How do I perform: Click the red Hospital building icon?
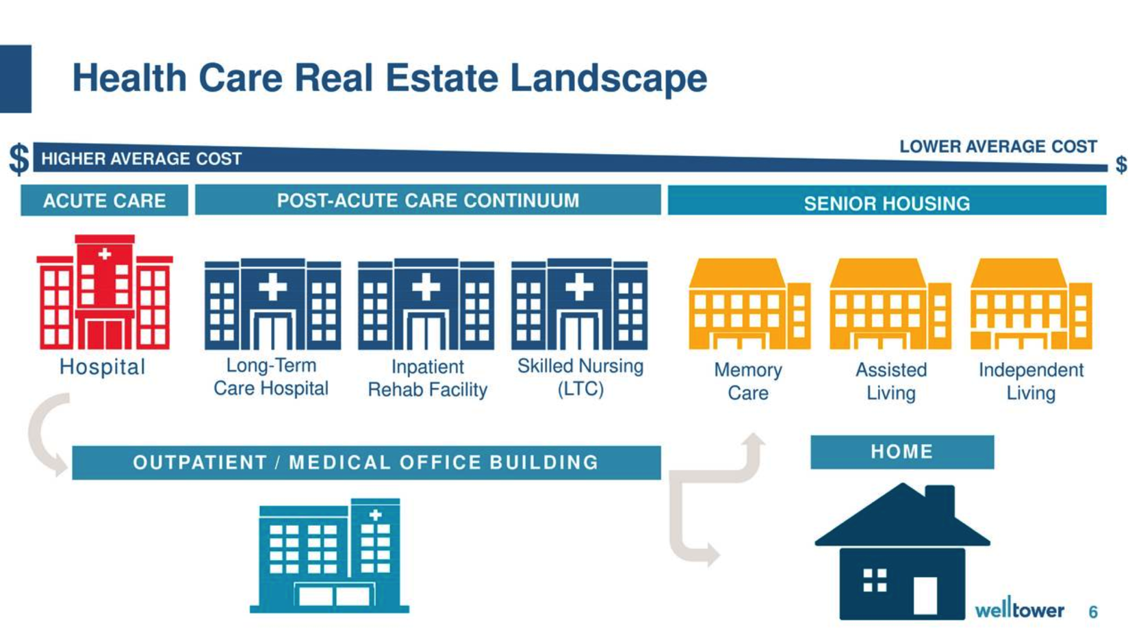click(x=105, y=292)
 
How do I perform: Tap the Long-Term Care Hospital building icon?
click(x=272, y=305)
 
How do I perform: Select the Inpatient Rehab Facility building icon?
click(x=426, y=305)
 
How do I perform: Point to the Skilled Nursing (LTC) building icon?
click(x=579, y=305)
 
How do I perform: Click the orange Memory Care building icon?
click(x=749, y=304)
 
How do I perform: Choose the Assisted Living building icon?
click(x=890, y=304)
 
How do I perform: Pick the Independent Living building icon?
click(x=1031, y=304)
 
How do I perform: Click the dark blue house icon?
click(x=903, y=551)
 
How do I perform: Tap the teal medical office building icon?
click(x=330, y=556)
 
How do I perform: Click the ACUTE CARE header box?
click(x=105, y=201)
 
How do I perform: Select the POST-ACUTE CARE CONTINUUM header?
click(x=428, y=200)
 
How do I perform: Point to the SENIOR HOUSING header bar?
click(x=887, y=201)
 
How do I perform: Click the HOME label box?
click(x=903, y=452)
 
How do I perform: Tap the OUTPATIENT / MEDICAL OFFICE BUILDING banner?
click(x=366, y=462)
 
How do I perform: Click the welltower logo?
click(x=1020, y=608)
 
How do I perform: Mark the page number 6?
click(x=1093, y=612)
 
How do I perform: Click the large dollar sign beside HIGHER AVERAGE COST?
click(x=19, y=159)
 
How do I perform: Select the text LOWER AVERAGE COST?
click(x=999, y=147)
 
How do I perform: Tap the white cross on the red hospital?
click(x=105, y=254)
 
